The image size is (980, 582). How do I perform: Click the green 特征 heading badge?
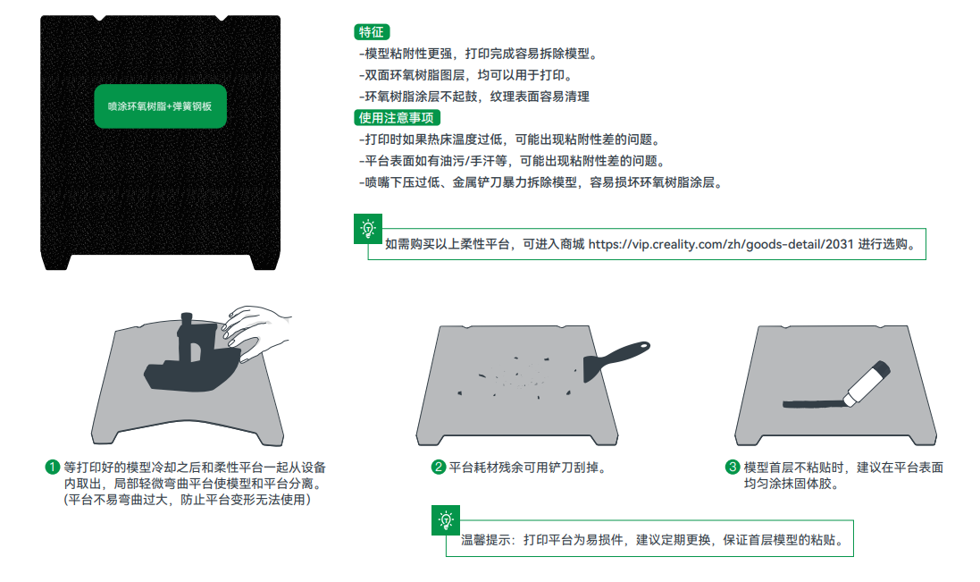(372, 32)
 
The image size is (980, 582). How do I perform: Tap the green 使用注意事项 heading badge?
(397, 117)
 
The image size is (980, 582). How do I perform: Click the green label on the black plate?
(161, 106)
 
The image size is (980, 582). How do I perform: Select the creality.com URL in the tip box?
(721, 244)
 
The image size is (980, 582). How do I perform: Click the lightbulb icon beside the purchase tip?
(368, 229)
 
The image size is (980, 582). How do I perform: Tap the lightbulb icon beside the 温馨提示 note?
(446, 520)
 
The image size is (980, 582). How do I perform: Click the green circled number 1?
(53, 467)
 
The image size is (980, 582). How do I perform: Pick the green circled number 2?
(438, 467)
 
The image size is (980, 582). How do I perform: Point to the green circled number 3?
(733, 467)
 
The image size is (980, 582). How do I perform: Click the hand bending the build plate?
(256, 332)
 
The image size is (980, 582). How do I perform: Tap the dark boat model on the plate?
(190, 359)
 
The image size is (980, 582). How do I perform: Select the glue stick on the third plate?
(867, 383)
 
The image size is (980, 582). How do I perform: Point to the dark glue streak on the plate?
(813, 404)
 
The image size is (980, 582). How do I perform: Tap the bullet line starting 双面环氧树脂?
(465, 75)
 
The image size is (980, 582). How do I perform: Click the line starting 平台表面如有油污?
(512, 161)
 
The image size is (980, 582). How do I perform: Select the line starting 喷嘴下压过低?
(541, 182)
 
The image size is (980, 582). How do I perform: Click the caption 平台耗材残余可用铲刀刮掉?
(528, 468)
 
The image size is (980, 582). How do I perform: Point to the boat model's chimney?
(186, 325)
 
